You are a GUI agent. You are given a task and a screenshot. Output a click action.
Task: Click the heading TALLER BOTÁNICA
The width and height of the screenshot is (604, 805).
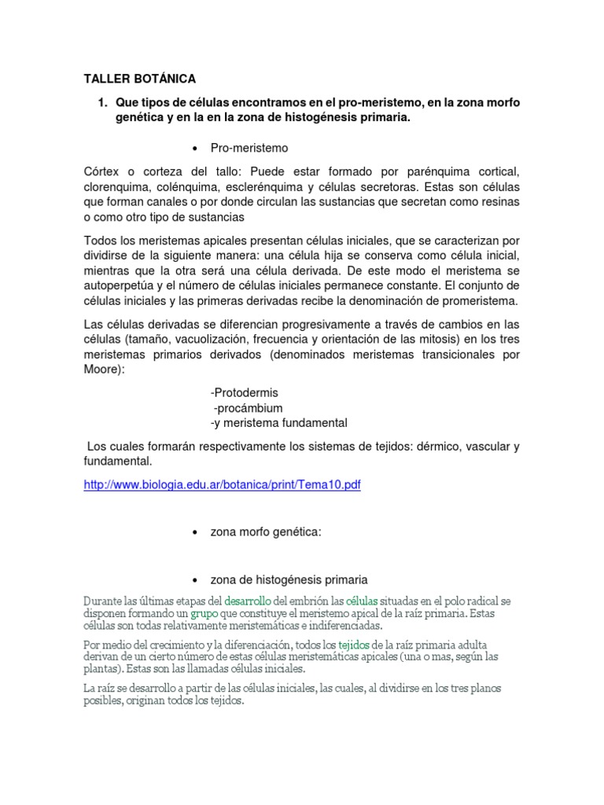(x=139, y=79)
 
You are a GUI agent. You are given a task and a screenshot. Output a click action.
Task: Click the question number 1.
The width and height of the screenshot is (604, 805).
(x=101, y=103)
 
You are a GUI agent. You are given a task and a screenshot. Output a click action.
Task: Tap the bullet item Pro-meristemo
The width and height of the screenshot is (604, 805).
(x=249, y=147)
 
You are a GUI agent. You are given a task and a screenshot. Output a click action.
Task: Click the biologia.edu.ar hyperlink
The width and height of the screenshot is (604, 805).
(x=222, y=485)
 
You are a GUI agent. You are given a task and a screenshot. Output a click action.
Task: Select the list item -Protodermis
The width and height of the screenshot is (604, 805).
(x=245, y=392)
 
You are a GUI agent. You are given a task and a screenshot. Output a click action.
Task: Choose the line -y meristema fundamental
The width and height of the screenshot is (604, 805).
(x=278, y=423)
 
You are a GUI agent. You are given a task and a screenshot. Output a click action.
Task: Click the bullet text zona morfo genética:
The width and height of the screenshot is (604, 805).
(x=266, y=532)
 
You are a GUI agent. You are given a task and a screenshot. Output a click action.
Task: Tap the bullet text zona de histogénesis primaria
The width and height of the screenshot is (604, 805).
(x=289, y=580)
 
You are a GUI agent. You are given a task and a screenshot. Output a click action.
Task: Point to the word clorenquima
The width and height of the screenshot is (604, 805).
(x=118, y=187)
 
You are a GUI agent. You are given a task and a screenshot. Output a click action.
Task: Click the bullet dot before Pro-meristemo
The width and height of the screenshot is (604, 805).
(x=194, y=148)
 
